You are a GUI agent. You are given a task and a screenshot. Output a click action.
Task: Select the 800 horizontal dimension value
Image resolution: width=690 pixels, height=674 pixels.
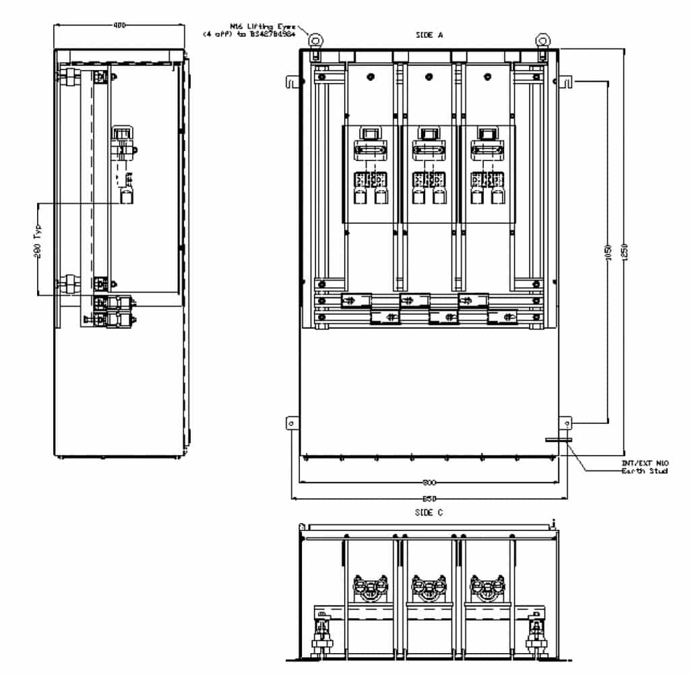429,483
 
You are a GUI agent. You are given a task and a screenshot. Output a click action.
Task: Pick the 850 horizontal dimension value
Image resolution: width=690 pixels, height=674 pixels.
429,499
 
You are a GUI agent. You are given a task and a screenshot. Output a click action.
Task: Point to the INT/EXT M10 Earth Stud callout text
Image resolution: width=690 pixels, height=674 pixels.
644,466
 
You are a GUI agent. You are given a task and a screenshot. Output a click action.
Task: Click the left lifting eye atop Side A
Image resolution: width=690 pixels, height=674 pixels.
315,40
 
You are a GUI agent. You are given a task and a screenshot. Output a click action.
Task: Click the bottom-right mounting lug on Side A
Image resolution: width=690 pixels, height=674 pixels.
567,423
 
